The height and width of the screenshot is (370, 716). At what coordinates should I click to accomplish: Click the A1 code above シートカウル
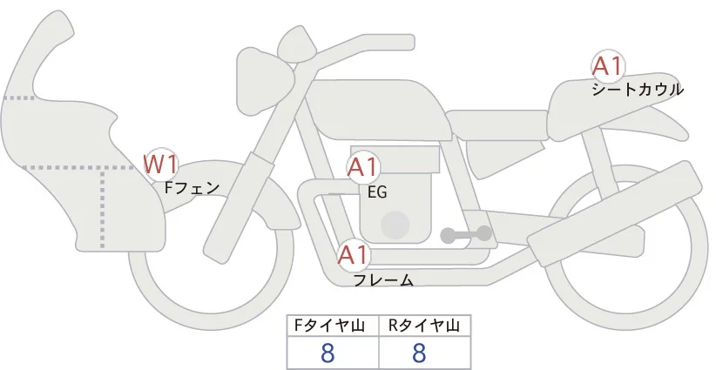point(608,67)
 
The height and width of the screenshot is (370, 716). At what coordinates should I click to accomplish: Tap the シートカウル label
point(638,89)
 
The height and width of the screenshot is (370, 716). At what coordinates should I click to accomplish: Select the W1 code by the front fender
point(161,164)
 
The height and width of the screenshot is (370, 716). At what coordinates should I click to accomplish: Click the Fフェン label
point(193,186)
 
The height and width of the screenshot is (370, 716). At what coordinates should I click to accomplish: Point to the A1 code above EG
point(364,168)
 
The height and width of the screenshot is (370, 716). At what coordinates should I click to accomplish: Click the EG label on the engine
point(377,192)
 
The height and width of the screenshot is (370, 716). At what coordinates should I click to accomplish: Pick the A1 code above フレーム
point(354,256)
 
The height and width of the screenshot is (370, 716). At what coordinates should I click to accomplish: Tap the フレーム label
point(382,280)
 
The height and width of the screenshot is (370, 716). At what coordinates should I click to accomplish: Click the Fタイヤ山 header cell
point(333,326)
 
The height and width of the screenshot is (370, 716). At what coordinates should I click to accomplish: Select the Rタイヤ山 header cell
point(424,326)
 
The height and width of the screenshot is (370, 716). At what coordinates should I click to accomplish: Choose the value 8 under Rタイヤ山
point(419,353)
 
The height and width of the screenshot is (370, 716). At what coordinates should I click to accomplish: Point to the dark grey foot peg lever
point(466,234)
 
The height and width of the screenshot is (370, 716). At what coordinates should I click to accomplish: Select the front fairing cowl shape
point(61,139)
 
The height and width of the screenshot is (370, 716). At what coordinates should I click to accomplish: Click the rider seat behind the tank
point(496,125)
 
